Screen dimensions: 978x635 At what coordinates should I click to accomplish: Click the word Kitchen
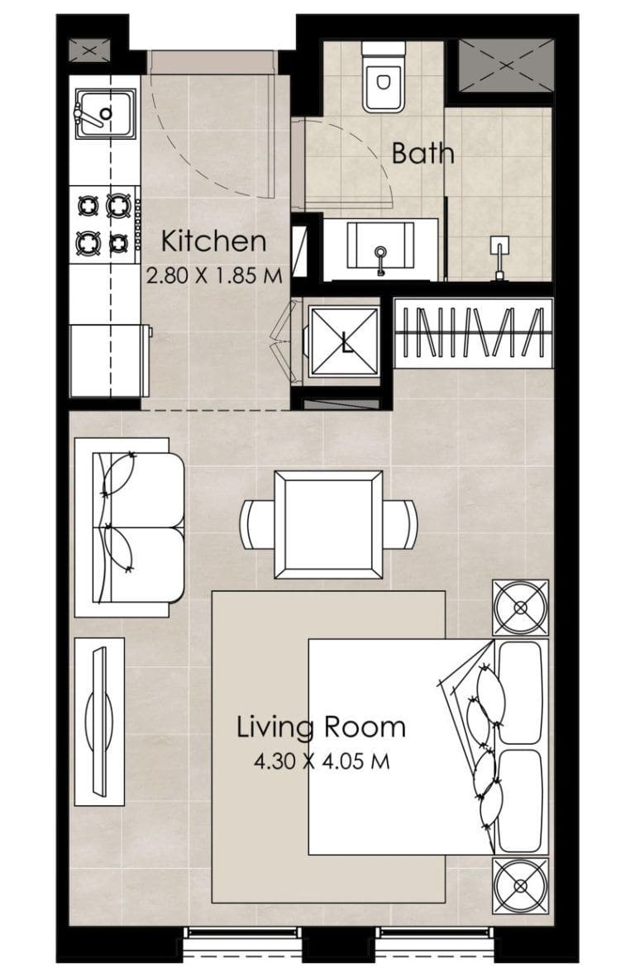213,242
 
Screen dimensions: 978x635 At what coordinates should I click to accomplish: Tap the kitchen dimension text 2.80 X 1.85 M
214,276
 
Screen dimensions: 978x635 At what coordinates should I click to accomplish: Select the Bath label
423,153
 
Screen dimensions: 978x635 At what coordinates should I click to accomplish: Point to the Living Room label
321,728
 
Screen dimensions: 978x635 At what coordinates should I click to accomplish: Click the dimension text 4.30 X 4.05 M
321,761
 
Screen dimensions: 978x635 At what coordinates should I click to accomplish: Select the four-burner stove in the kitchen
103,222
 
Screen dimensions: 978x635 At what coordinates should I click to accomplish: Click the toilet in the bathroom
384,77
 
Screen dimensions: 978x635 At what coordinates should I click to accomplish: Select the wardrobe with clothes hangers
473,333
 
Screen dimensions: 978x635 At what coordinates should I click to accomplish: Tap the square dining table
328,525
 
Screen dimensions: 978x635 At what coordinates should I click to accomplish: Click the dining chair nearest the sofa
257,524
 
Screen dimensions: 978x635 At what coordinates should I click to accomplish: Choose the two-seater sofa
130,527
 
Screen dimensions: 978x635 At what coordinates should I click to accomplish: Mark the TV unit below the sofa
100,720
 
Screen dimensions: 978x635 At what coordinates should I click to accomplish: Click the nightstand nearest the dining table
521,608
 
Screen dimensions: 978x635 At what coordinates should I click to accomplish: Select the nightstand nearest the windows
521,885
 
